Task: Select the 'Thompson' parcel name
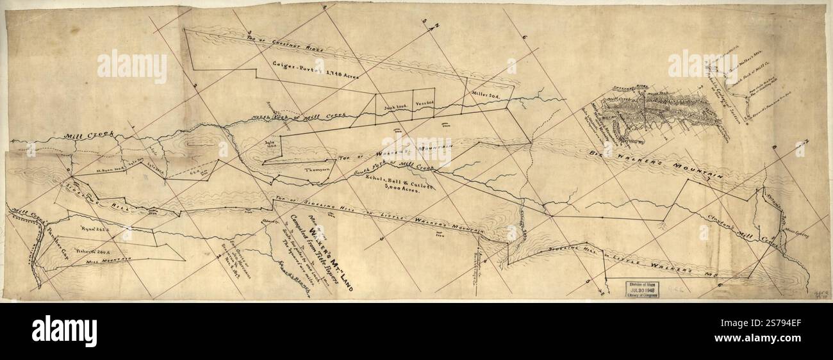pos(316,170)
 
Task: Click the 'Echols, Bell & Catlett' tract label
pos(386,182)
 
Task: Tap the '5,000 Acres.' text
pos(396,190)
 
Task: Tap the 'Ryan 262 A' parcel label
pos(96,227)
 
